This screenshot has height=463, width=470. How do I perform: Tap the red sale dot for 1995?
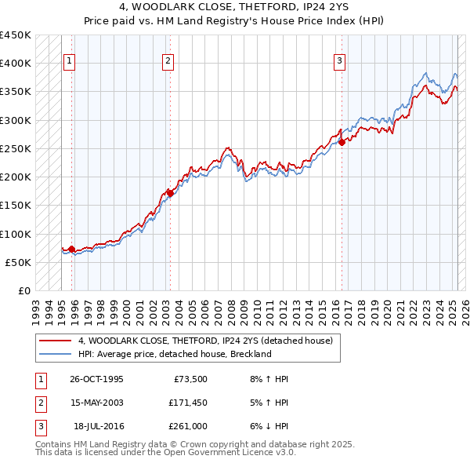tap(71, 250)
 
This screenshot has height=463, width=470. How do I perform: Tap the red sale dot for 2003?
tap(170, 192)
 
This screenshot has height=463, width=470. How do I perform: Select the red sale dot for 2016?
tap(342, 142)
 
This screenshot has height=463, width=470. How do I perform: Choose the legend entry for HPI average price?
tap(174, 354)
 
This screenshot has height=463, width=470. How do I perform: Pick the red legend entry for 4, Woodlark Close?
tap(205, 341)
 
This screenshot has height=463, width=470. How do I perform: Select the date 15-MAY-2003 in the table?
tap(96, 402)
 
